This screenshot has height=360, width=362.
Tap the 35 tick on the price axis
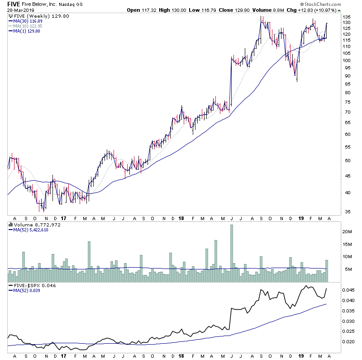tap(346, 211)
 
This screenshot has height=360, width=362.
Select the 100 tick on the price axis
tap(347, 60)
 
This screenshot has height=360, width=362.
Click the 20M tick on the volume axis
tap(348, 231)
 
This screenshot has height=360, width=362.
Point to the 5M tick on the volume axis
tap(348, 269)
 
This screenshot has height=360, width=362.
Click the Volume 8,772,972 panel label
tap(30, 225)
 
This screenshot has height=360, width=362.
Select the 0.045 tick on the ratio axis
tap(348, 290)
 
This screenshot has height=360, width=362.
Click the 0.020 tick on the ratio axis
tap(348, 341)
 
